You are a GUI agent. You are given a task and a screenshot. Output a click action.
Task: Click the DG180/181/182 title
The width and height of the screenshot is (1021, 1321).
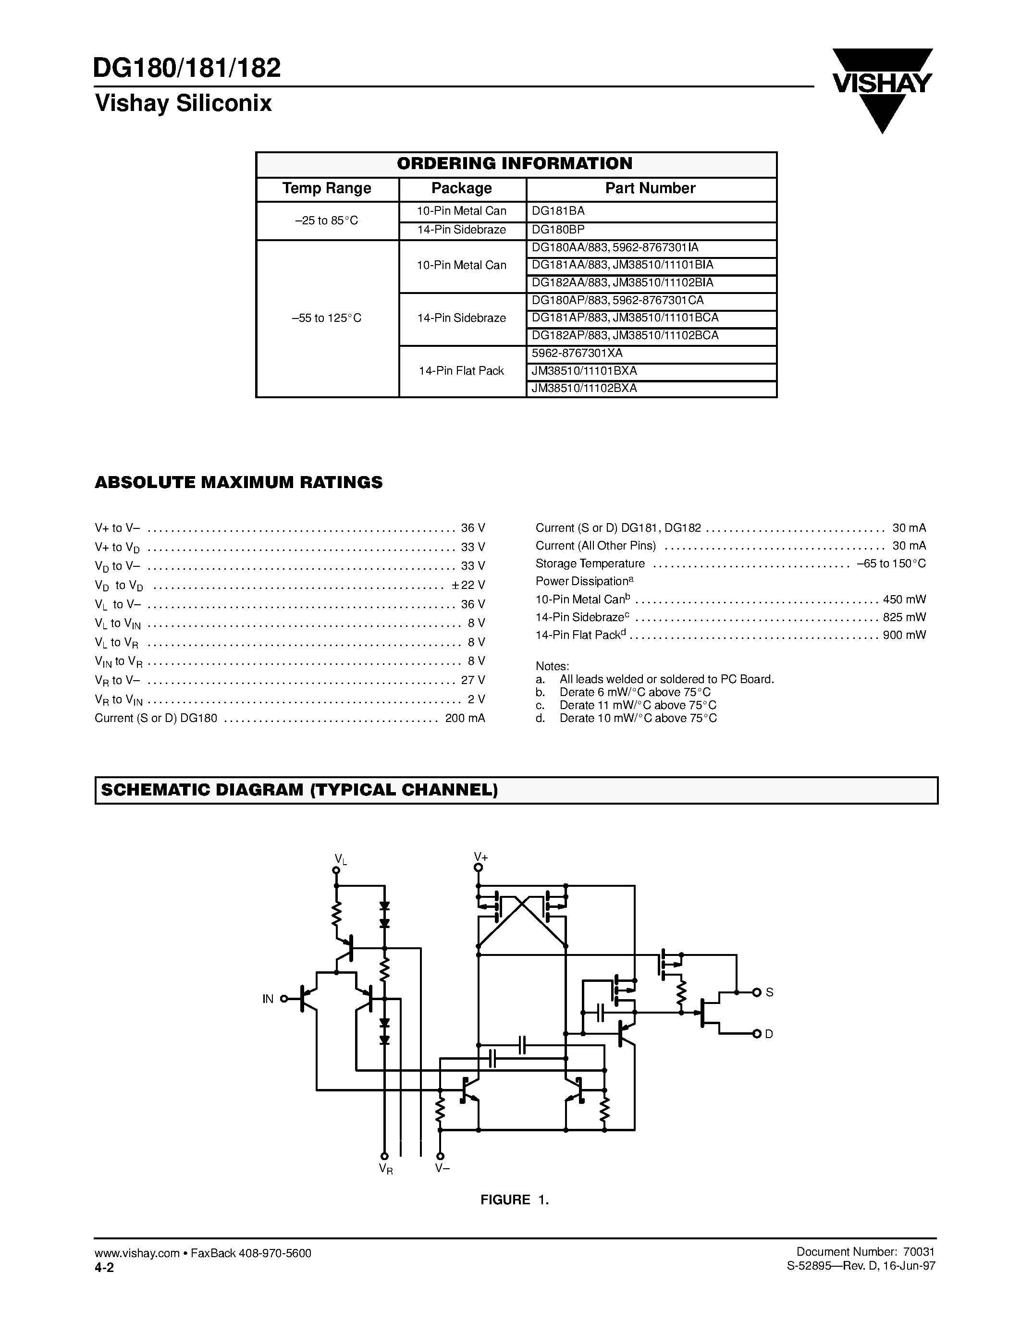pos(187,68)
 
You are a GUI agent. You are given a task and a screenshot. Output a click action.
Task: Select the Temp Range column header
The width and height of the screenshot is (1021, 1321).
pos(327,188)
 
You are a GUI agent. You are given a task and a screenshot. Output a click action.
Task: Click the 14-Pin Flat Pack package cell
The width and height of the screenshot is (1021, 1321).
pos(462,371)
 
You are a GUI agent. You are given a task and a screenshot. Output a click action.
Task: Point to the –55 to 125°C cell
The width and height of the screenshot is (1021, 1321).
pos(327,318)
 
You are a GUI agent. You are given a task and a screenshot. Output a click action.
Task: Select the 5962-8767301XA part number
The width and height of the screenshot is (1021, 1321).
pos(577,353)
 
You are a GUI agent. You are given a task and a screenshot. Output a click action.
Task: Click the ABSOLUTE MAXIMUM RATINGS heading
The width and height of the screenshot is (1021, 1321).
pos(238,482)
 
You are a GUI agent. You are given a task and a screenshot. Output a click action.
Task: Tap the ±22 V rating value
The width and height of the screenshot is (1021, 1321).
pos(467,585)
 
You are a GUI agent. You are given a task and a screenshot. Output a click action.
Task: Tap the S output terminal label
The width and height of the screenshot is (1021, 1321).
pos(769,992)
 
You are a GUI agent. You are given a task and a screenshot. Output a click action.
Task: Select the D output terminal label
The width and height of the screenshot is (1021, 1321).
pos(769,1034)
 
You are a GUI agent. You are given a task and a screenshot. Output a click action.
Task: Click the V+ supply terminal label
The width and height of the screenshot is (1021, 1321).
pos(481,856)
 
